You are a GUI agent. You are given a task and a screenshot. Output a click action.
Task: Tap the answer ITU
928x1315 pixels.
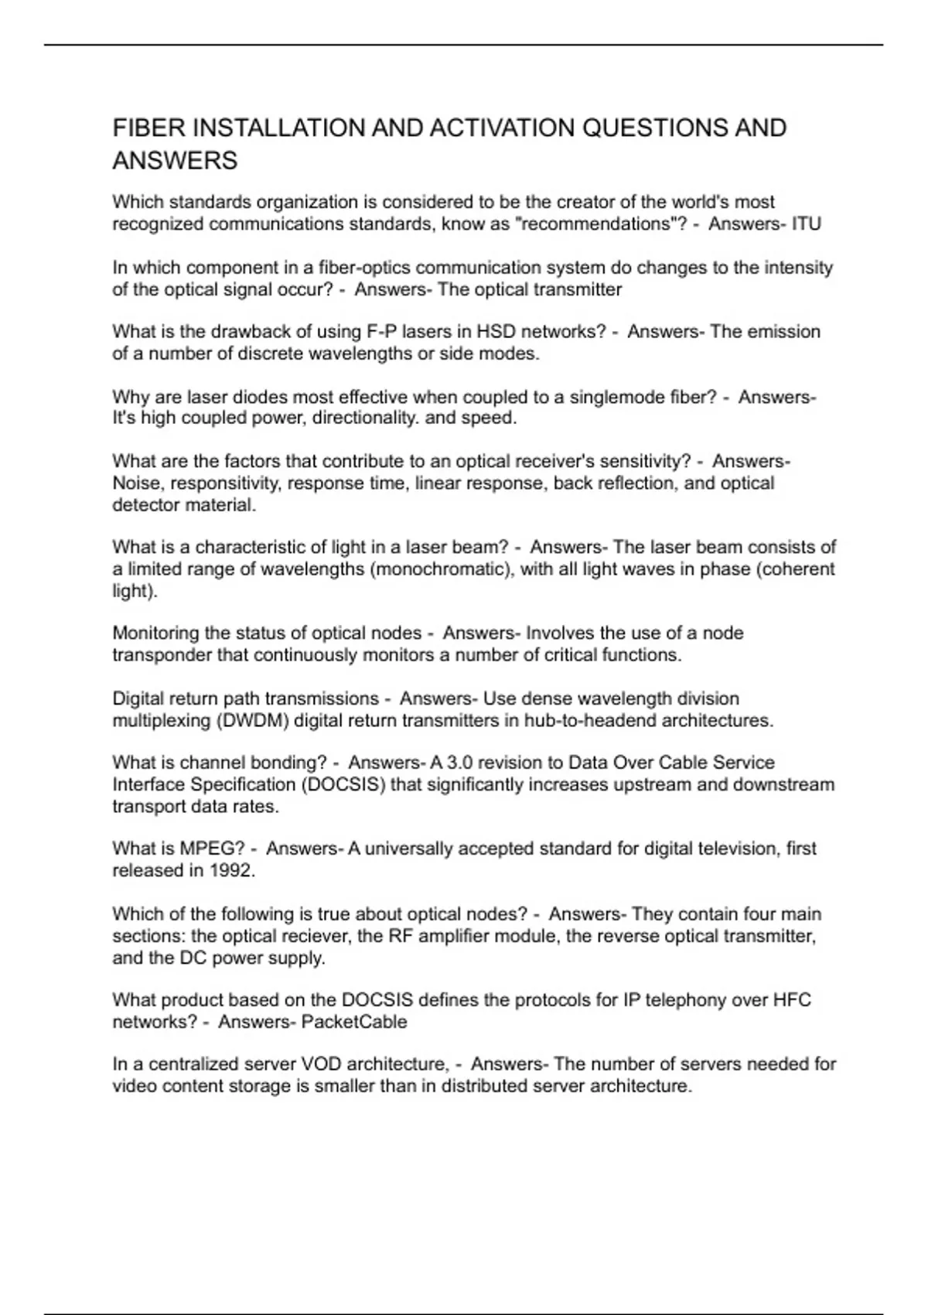tap(806, 224)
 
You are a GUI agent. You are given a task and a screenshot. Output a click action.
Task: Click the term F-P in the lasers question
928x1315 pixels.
tap(380, 332)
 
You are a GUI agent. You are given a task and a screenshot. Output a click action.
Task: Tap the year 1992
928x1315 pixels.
tap(230, 870)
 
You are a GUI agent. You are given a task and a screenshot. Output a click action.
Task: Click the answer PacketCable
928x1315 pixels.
tap(354, 1022)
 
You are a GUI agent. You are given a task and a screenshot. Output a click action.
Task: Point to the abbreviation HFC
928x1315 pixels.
tap(792, 1000)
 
